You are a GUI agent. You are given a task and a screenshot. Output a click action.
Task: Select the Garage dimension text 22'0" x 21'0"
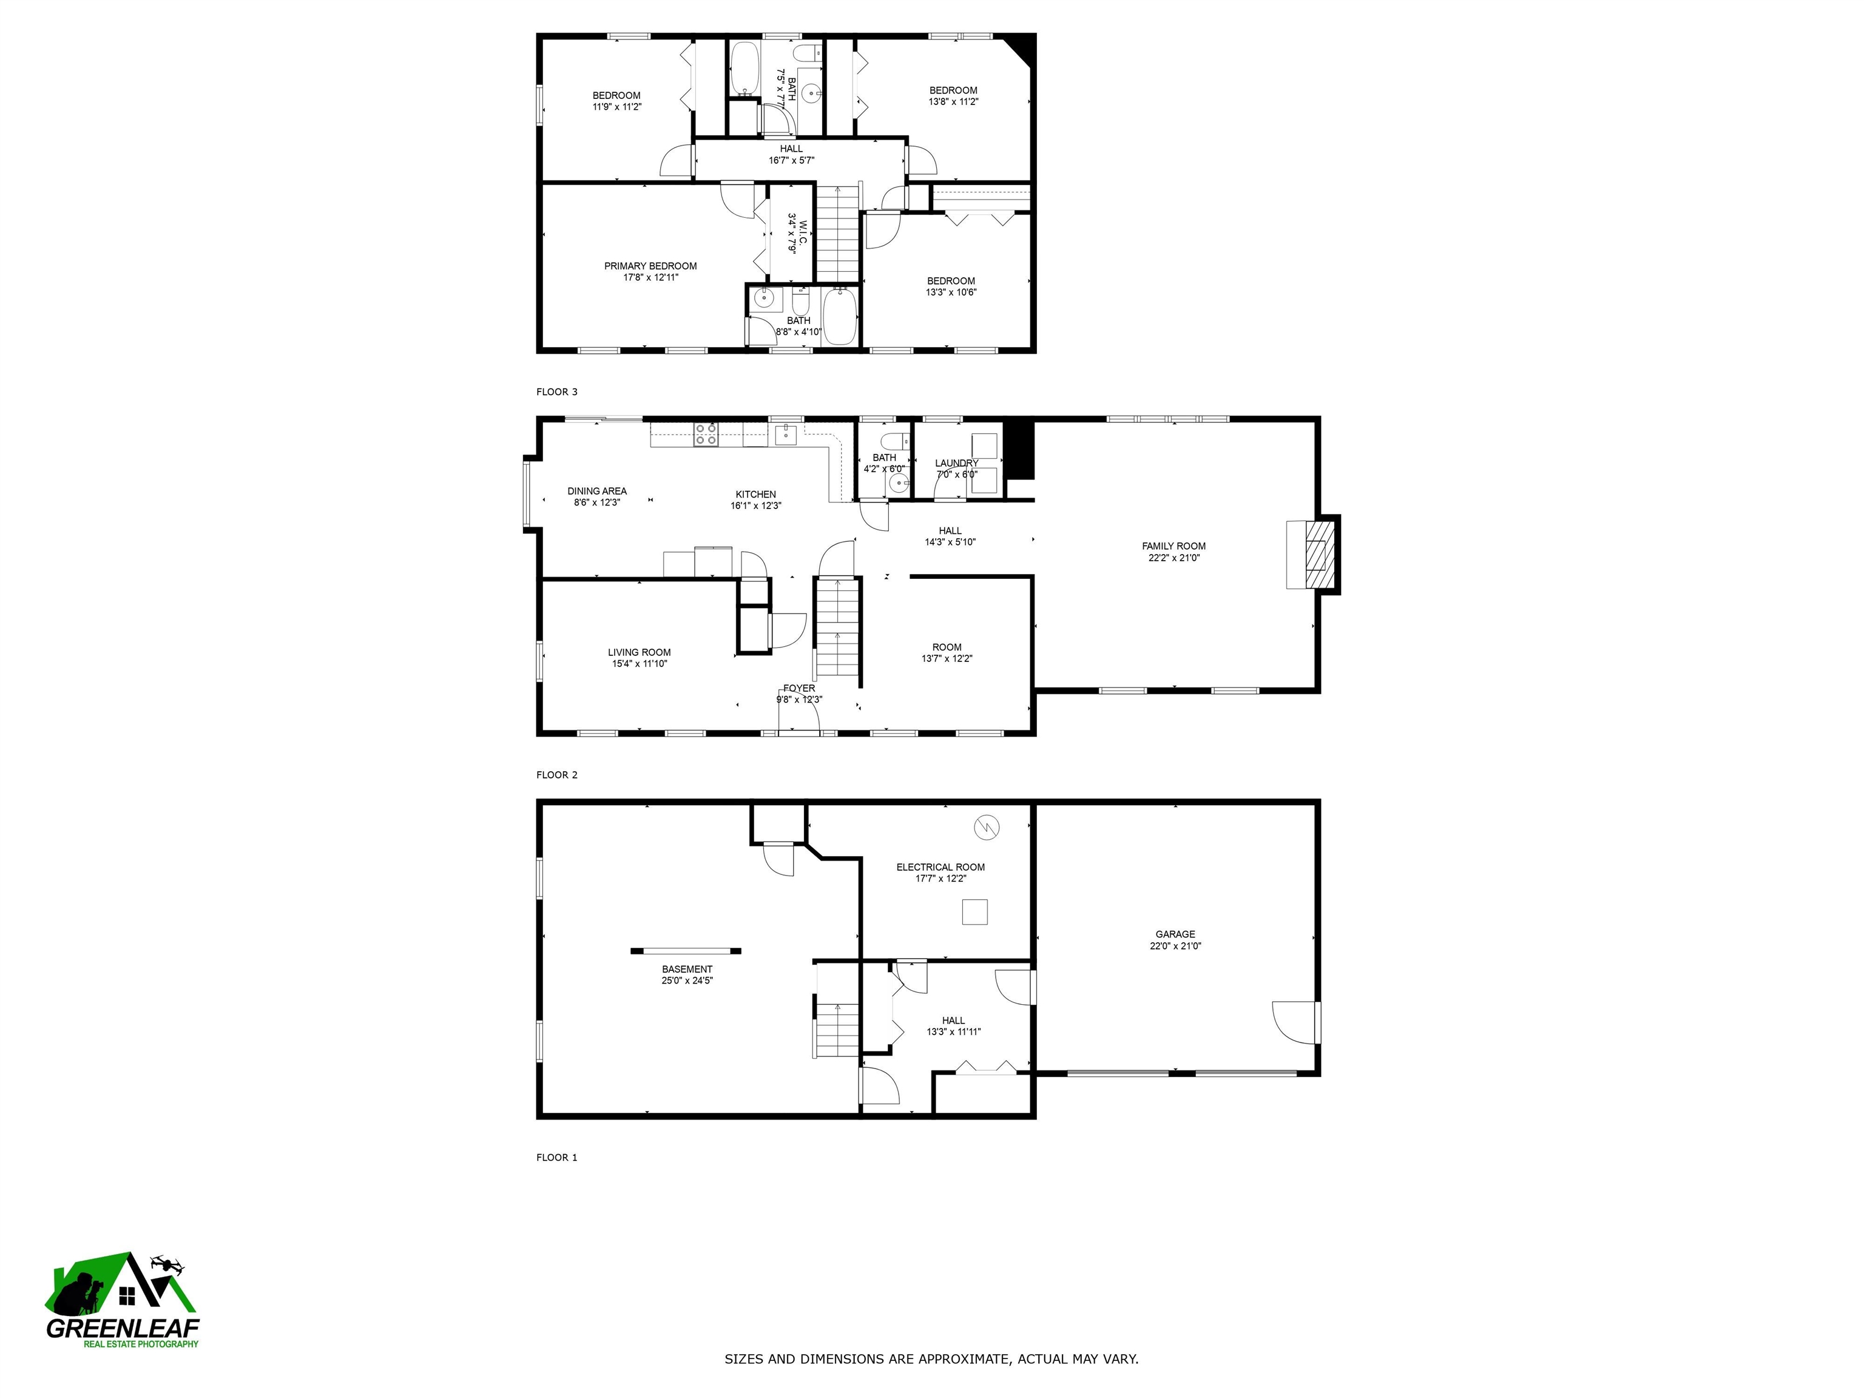pyautogui.click(x=1175, y=945)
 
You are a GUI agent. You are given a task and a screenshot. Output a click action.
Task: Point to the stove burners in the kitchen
pyautogui.click(x=705, y=434)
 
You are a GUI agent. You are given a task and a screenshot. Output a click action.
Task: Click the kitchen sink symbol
pyautogui.click(x=785, y=434)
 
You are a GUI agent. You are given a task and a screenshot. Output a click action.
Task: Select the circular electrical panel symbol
pyautogui.click(x=986, y=828)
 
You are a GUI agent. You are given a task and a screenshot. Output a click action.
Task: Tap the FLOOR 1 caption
pyautogui.click(x=557, y=1158)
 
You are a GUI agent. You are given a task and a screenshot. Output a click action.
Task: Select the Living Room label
pyautogui.click(x=639, y=652)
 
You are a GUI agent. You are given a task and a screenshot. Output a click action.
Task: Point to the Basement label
pyautogui.click(x=687, y=969)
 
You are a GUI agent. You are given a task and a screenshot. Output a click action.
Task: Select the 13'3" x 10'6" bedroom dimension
pyautogui.click(x=951, y=292)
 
